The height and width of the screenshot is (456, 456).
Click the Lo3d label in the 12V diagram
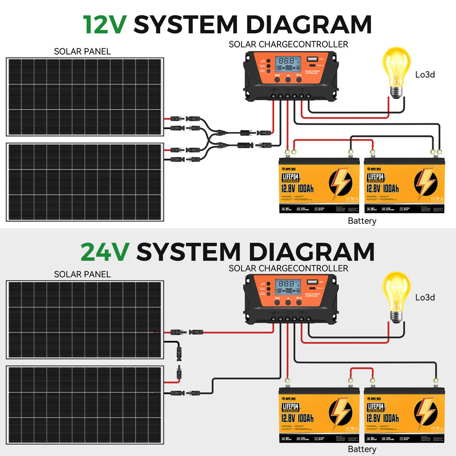tap(425, 75)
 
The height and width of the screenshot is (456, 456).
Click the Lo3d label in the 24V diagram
tap(425, 297)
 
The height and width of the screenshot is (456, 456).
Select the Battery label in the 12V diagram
tap(362, 221)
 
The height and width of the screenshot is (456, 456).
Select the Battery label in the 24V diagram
tap(362, 449)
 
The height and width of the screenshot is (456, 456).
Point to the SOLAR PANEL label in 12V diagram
tap(82, 51)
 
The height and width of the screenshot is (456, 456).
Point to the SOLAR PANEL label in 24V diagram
tap(82, 274)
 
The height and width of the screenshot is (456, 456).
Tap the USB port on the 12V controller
tap(313, 61)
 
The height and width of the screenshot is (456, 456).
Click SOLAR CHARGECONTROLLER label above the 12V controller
tap(288, 44)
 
